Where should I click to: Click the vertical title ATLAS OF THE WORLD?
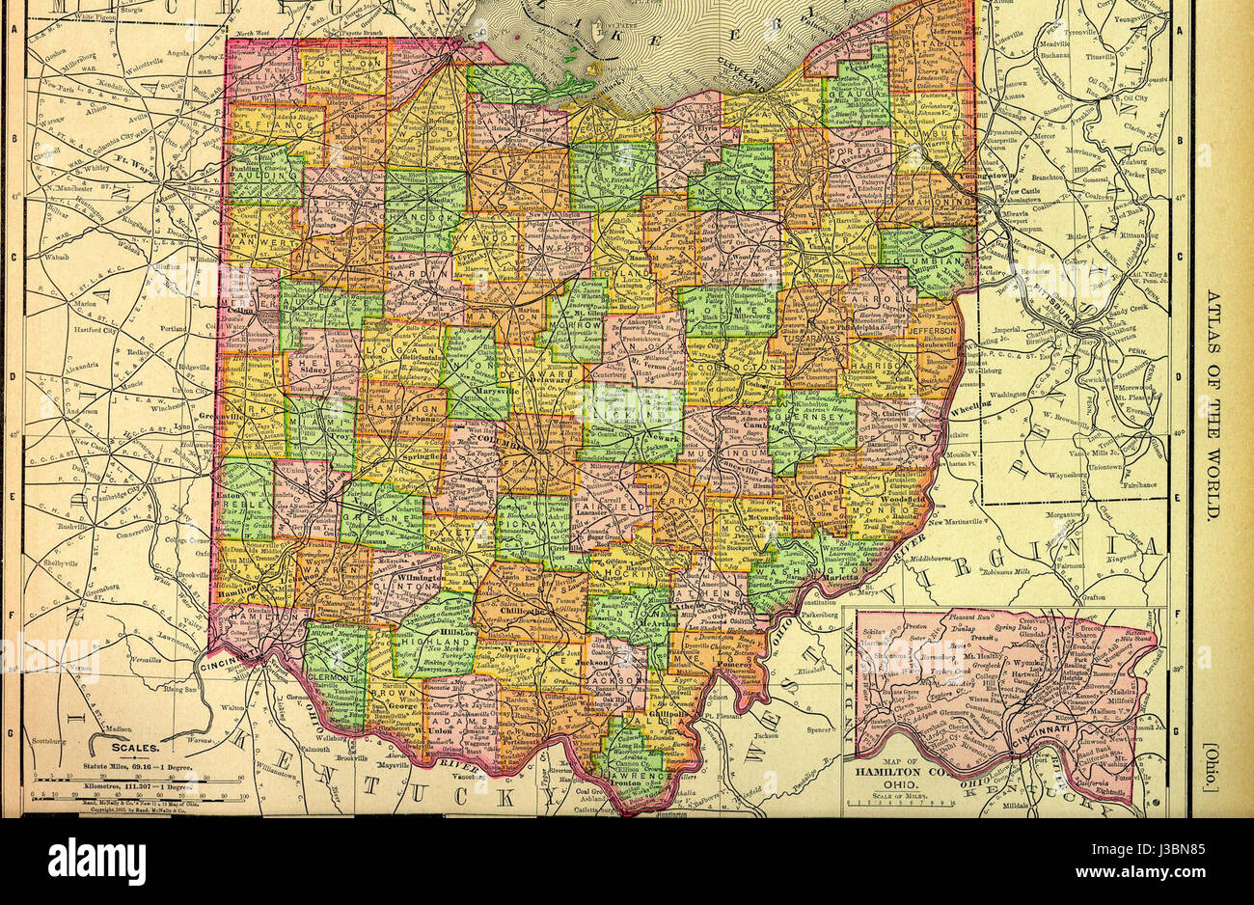1213,404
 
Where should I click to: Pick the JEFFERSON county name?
931,330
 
